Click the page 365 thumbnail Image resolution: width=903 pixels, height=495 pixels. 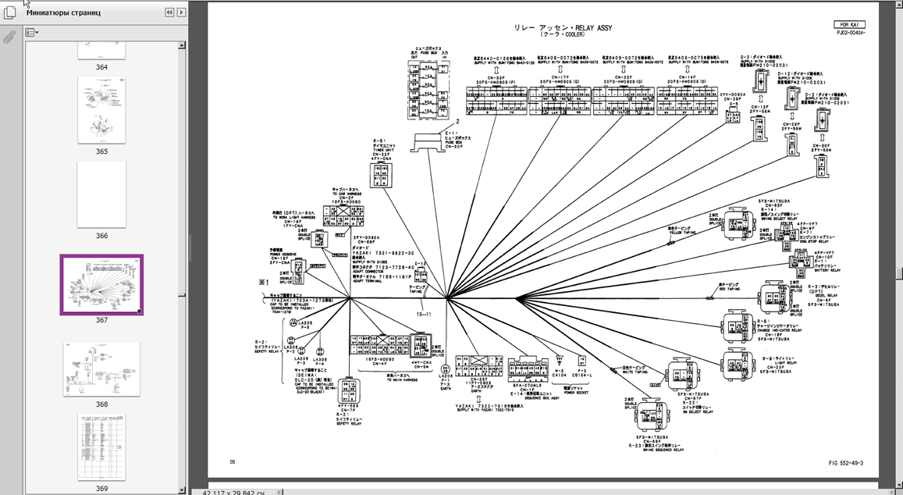coord(101,110)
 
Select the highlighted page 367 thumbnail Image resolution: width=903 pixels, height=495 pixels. coord(101,284)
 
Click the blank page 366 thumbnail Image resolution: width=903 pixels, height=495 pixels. coord(101,194)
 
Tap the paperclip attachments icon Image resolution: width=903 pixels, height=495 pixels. coord(10,37)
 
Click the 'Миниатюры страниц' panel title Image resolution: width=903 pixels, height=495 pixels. coord(63,13)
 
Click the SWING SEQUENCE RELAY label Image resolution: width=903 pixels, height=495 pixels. coord(656,450)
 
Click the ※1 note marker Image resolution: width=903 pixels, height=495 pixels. coord(264,281)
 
